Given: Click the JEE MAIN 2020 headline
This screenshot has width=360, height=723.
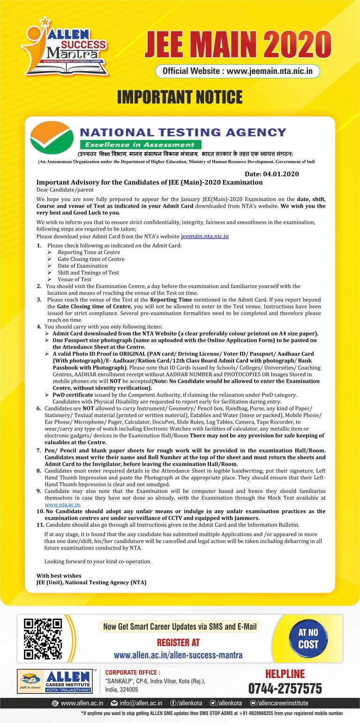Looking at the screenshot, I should coord(238,46).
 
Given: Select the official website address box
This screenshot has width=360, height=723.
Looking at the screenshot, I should coord(238,71).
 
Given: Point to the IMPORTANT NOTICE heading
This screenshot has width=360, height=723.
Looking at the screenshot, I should coord(180,97).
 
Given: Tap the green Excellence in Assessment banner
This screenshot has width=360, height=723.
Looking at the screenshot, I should coord(140,145).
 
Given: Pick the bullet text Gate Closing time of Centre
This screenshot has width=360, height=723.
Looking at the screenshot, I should coord(91,259).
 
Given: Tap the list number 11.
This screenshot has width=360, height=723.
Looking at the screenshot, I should coord(40,525).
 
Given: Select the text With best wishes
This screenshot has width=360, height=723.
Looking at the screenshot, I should coord(59,575).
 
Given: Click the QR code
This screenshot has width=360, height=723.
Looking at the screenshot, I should coord(43,638).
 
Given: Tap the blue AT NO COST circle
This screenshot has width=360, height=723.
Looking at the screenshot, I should coord(308,639).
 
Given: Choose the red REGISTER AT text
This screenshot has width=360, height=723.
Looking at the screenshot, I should coord(178,642).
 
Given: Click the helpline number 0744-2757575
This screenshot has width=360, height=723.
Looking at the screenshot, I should coord(285,688).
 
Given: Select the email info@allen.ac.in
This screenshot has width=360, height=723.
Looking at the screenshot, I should coord(141,703).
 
